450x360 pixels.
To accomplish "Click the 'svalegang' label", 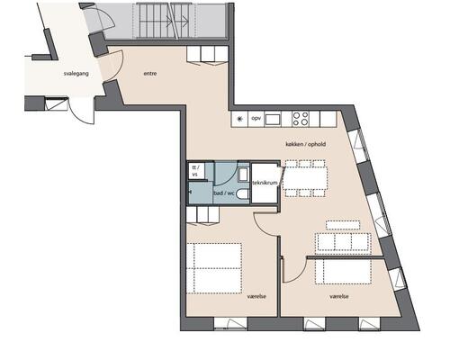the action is (x=76, y=74).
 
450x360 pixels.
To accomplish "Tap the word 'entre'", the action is (x=150, y=74).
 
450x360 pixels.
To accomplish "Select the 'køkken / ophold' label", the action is (x=305, y=144).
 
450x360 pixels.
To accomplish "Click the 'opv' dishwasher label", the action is (x=256, y=118).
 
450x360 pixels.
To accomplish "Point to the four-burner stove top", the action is (x=301, y=119).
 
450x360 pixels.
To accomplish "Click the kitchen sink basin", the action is (x=273, y=119).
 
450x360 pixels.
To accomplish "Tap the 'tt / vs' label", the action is (x=195, y=171).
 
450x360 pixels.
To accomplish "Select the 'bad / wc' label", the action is (x=224, y=193).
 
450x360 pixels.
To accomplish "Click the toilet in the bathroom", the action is (x=242, y=194).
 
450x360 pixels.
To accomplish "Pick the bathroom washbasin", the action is (x=243, y=175).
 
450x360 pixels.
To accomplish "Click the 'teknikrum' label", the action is (x=265, y=183).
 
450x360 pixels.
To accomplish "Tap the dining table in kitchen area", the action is (x=305, y=178).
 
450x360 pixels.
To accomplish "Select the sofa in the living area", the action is (x=343, y=241).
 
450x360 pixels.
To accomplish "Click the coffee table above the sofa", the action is (x=343, y=225).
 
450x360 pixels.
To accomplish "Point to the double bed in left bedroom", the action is (x=214, y=268).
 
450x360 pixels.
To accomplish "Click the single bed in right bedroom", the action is (x=343, y=272).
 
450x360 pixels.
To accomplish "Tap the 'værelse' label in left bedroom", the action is (x=256, y=296).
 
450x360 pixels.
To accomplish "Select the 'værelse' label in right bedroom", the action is (x=339, y=296).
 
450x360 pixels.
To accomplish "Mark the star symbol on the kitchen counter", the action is (x=240, y=119).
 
